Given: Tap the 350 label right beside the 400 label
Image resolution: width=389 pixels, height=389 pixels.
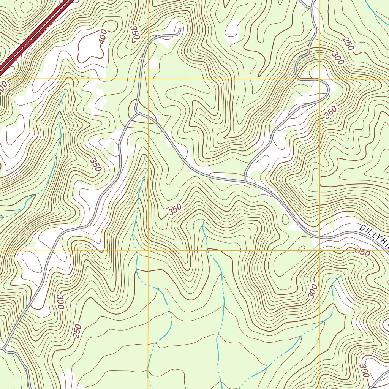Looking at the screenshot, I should pos(134,33).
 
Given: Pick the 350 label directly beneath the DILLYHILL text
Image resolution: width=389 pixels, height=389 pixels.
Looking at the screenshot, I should pos(362,253).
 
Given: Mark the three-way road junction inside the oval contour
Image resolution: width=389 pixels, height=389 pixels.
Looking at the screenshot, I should pos(137,113).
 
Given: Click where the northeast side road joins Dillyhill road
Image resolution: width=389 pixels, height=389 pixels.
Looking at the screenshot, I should pos(245,181).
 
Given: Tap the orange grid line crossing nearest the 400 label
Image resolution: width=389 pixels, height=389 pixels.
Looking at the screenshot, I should pos(148,79).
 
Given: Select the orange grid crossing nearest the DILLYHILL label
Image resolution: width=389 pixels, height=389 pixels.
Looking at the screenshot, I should pos(319,250).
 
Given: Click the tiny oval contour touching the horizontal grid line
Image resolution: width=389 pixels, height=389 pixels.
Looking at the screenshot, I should pos(301,249).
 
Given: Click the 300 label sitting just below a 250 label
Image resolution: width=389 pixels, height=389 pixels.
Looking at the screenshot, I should pos(337,60).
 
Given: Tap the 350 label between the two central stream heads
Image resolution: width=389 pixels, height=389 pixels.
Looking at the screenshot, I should pos(175,210).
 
